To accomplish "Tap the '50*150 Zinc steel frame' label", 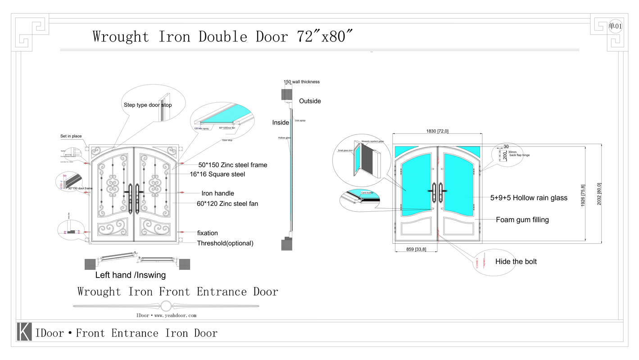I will (x=232, y=165).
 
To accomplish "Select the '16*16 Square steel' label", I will (x=217, y=174).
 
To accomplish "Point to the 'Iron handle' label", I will (x=218, y=193).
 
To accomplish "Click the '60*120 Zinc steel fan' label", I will (x=227, y=204).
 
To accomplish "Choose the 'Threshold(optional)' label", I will (x=225, y=243).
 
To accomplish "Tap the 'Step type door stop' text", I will (x=148, y=105).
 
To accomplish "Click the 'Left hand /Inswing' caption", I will (x=130, y=275).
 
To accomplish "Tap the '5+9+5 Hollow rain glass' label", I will (x=529, y=197).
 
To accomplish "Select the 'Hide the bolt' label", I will (x=516, y=261).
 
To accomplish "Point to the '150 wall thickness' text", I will (x=301, y=82).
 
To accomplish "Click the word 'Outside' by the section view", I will (x=310, y=101).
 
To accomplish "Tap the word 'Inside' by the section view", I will (x=281, y=123).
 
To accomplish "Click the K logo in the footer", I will (x=24, y=332).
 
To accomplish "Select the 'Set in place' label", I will (x=71, y=136).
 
